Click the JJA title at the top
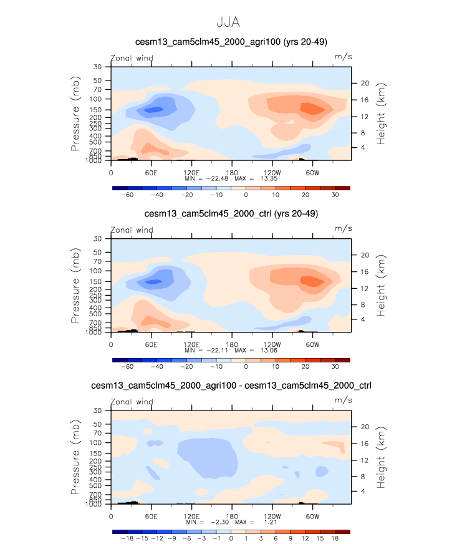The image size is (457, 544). pos(228,21)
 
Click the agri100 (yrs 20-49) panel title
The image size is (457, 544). pos(231,42)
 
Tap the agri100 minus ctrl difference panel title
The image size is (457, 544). pos(231,386)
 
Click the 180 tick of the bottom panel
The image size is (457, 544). pos(231,515)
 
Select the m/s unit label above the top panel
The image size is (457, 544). pos(344,57)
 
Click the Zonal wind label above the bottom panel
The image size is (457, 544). pos(132,401)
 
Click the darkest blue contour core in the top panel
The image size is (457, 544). pos(153,110)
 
